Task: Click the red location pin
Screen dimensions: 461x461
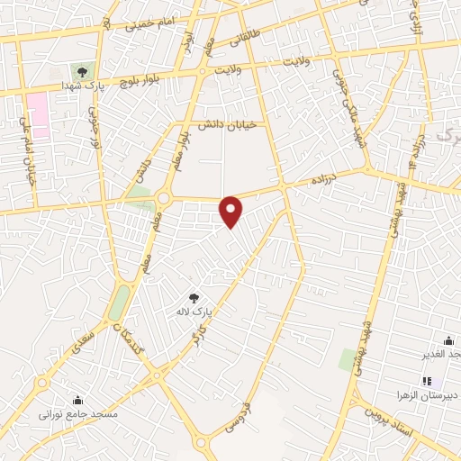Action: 232,211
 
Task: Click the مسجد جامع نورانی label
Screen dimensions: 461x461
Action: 77,415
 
